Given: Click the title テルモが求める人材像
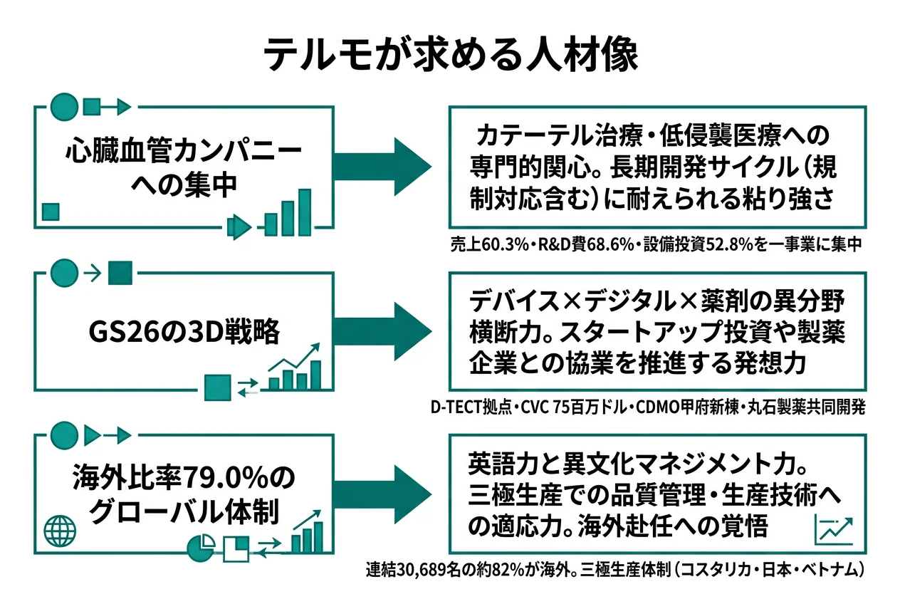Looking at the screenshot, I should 450,56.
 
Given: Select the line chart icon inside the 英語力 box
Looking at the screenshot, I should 833,530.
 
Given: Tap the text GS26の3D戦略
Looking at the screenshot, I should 183,332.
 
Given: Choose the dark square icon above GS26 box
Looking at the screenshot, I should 120,271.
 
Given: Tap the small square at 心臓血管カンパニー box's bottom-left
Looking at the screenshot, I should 50,212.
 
